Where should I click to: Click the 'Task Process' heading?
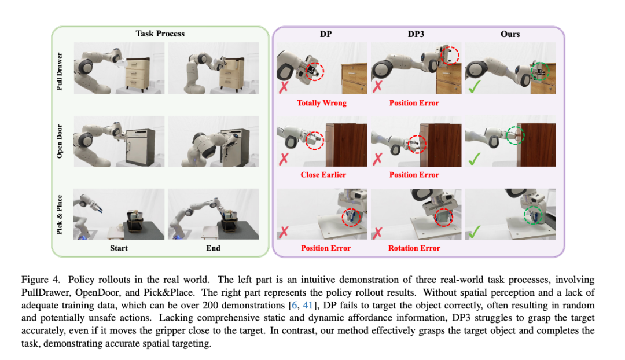pos(160,34)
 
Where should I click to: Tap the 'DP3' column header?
pos(416,34)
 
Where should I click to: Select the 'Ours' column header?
pos(510,34)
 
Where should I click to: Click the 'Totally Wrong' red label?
pos(322,103)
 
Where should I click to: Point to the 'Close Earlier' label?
pos(323,175)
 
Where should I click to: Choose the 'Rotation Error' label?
pos(414,248)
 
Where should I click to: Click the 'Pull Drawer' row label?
pos(60,71)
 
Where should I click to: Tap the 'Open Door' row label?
pos(60,141)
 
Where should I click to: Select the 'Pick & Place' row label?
pos(60,215)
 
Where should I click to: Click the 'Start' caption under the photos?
pos(119,248)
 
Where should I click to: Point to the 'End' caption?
pos(213,248)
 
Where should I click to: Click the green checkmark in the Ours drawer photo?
pos(475,86)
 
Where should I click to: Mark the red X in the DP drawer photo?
pos(284,87)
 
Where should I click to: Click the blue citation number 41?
pos(308,305)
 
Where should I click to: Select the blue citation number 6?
pos(295,305)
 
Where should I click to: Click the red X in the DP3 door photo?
pos(377,159)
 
